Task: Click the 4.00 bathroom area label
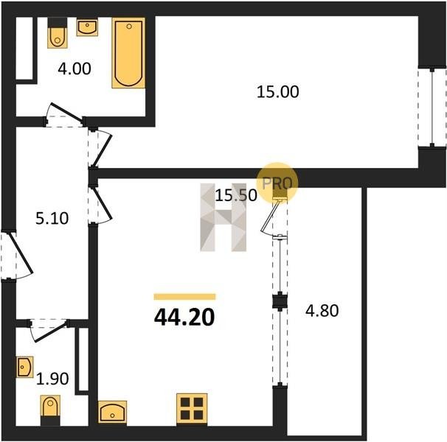74,69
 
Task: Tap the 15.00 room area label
277,91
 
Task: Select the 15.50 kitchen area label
236,195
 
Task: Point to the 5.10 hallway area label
52,219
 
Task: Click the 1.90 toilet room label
52,379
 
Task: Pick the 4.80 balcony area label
322,311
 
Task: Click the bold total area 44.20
184,318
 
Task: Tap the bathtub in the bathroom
128,53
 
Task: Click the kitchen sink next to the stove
112,412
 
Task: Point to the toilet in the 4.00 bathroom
58,33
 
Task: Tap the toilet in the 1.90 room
50,410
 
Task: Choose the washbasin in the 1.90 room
24,367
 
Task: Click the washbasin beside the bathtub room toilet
87,27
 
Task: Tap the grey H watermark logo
223,217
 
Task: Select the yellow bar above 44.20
184,297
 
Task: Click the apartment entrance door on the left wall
16,255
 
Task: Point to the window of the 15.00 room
432,107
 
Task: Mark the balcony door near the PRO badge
274,217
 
